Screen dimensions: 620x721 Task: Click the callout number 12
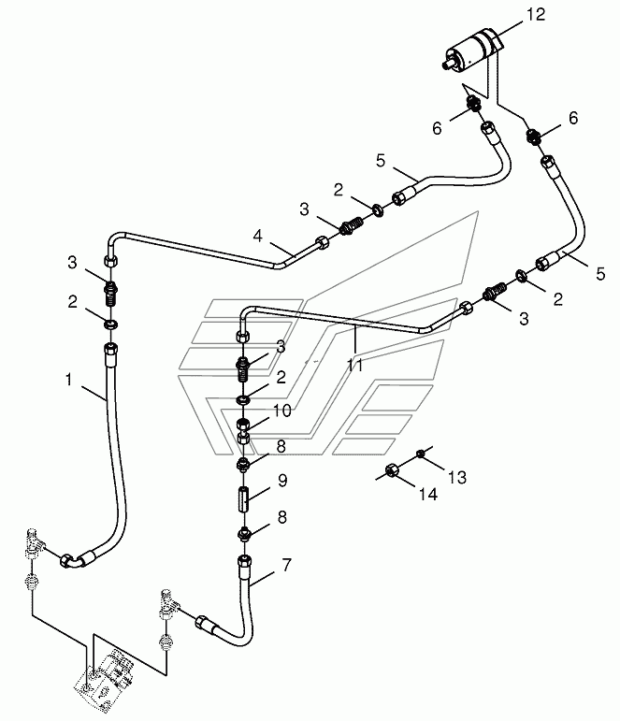tap(536, 14)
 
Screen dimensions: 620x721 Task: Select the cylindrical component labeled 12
tap(473, 50)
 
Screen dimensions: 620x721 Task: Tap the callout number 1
tap(69, 380)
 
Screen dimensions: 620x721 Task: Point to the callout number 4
tap(257, 236)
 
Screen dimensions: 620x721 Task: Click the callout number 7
tap(286, 565)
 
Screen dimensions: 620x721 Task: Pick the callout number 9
tap(282, 481)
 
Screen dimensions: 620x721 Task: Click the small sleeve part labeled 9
tap(244, 498)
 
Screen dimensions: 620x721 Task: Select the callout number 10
tap(281, 411)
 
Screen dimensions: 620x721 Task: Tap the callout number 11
tap(354, 365)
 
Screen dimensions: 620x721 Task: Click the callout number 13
tap(457, 477)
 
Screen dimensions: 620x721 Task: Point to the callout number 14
tap(427, 495)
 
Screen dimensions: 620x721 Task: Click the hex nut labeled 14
tap(392, 470)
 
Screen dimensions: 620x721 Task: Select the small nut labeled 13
tap(421, 454)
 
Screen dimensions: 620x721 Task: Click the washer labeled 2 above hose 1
tap(111, 324)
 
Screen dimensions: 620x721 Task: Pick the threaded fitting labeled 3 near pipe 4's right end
tap(352, 225)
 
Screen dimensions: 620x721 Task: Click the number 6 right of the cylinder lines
tap(573, 118)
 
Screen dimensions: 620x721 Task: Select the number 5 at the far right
tap(600, 274)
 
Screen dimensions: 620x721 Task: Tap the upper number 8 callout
tap(281, 446)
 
